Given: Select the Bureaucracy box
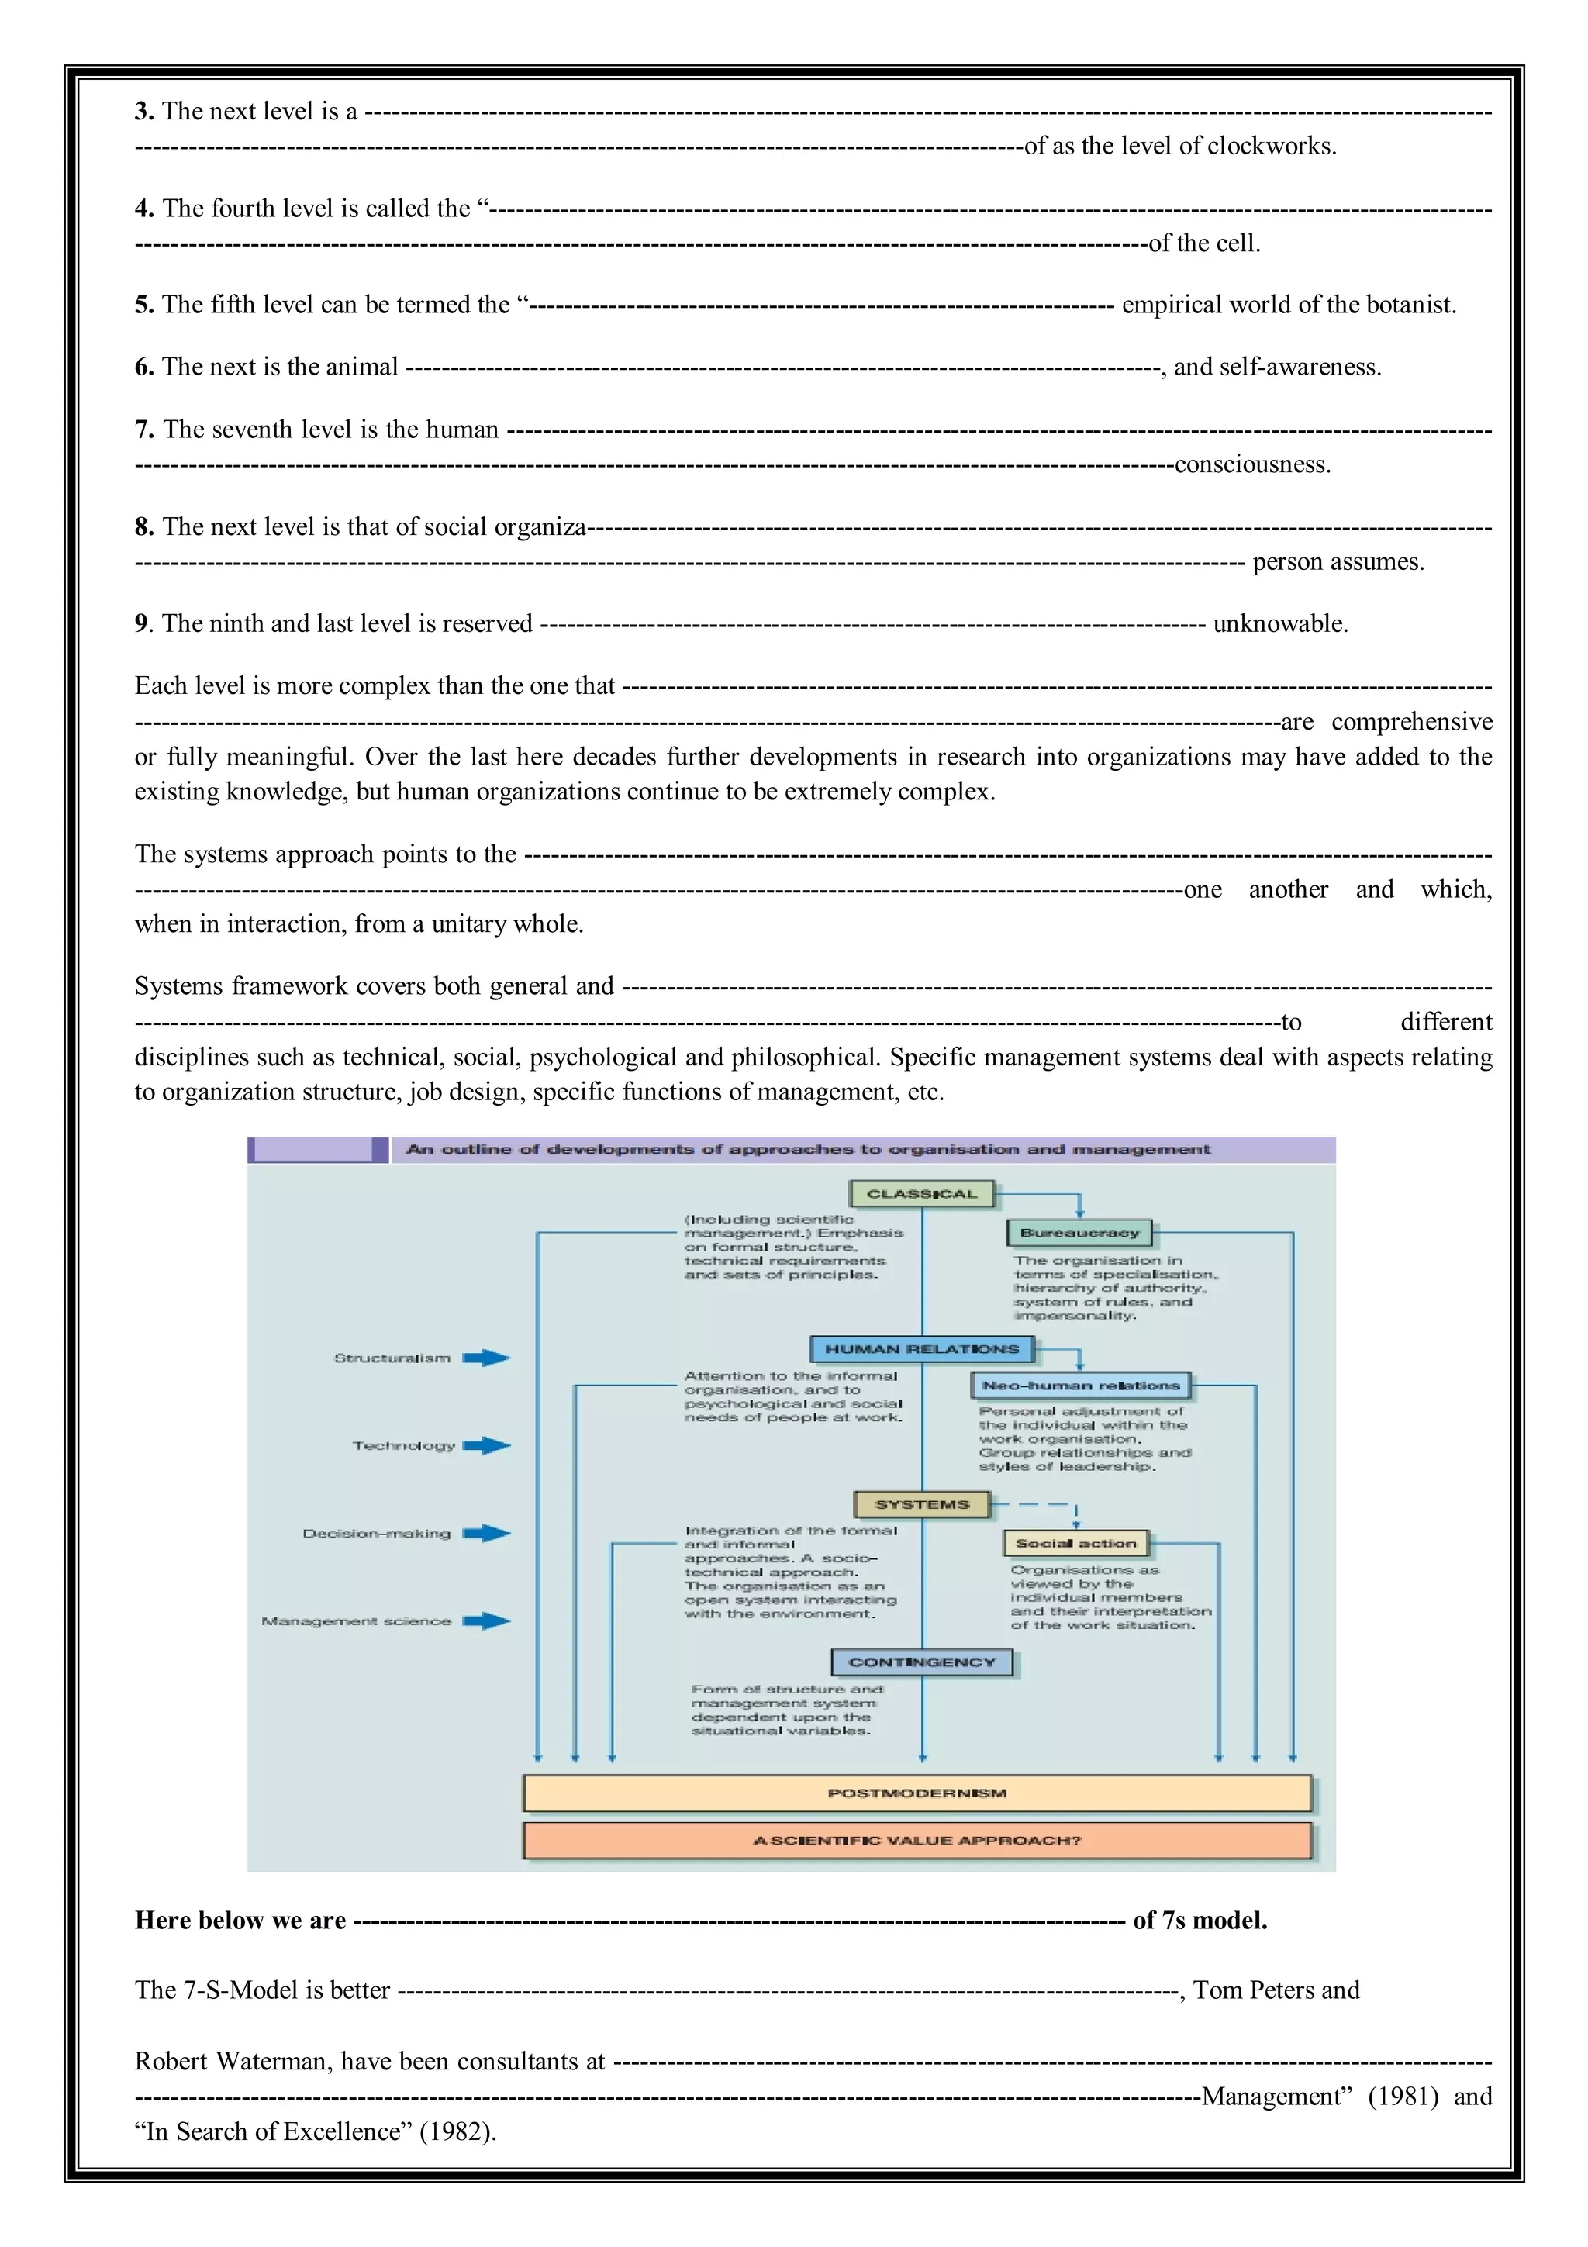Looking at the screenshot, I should [x=1079, y=1233].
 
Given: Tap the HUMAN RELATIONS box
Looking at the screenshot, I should [x=922, y=1350].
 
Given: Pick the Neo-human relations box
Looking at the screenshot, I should [x=1080, y=1386].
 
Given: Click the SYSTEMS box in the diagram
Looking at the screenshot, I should [x=922, y=1504].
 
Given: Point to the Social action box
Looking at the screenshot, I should [x=1075, y=1543].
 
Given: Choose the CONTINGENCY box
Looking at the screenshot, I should [x=922, y=1662].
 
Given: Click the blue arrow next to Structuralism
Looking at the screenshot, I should [x=486, y=1358].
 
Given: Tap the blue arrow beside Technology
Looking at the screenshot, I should [x=486, y=1445].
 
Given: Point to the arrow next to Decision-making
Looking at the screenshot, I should [x=486, y=1533].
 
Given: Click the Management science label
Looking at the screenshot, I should [x=356, y=1621].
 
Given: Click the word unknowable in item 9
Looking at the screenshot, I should [x=1280, y=624].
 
